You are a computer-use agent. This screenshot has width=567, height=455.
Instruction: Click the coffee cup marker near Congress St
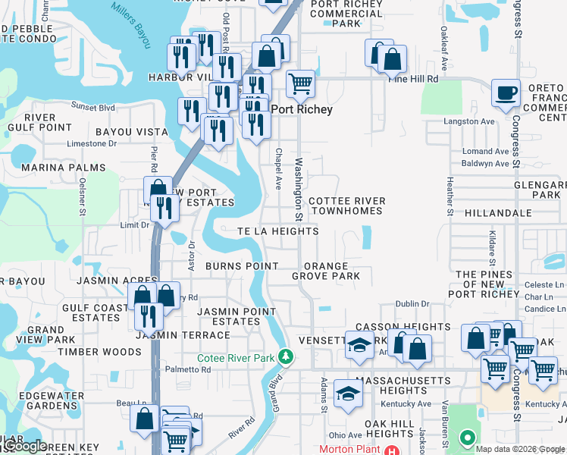506,93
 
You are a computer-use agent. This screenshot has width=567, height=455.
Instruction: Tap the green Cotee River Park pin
285,355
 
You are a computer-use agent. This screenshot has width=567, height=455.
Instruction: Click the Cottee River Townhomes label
347,206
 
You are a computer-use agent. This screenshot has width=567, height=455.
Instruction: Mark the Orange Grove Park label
326,271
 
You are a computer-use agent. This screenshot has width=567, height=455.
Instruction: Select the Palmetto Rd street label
189,369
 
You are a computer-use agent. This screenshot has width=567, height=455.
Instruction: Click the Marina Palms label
52,168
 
